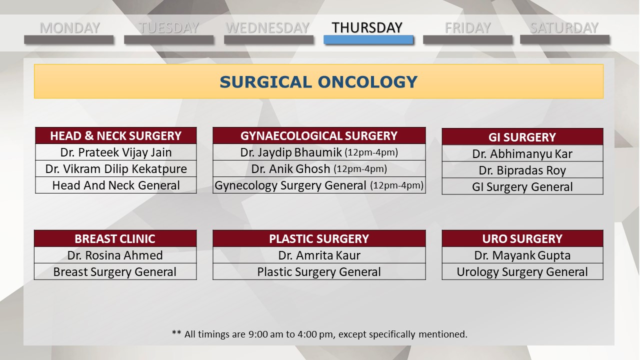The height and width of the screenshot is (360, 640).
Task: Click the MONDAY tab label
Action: coord(69,28)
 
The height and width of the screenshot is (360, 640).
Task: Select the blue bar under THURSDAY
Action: coord(368,39)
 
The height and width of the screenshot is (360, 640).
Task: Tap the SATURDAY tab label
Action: coord(564,28)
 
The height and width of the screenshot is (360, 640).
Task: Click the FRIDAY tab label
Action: coord(467,28)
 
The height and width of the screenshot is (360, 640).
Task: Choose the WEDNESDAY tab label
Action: coord(267,28)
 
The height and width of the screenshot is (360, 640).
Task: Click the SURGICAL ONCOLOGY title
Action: coord(318,82)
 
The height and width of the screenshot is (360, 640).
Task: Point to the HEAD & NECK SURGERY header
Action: coord(115,135)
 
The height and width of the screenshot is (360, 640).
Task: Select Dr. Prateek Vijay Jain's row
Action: coord(115,152)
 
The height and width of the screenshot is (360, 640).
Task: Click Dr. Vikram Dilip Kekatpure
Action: coord(115,169)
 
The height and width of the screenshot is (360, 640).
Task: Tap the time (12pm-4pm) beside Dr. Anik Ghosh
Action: coord(360,169)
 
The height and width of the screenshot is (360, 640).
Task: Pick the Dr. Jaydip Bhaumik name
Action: coord(291,152)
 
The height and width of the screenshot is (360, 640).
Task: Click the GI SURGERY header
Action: coord(522,137)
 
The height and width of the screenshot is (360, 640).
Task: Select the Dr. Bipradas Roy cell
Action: coord(522,170)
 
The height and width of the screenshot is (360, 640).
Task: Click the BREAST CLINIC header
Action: coord(115,238)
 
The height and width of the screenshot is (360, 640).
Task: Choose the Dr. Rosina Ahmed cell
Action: coord(115,255)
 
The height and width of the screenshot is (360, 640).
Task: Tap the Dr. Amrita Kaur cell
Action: coord(319,255)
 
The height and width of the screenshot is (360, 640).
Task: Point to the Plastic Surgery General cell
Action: coord(319,271)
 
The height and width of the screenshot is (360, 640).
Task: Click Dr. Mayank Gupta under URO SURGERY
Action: coord(522,255)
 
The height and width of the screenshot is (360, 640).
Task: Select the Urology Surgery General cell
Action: coord(522,271)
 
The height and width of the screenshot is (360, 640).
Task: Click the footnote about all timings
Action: coord(319,334)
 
